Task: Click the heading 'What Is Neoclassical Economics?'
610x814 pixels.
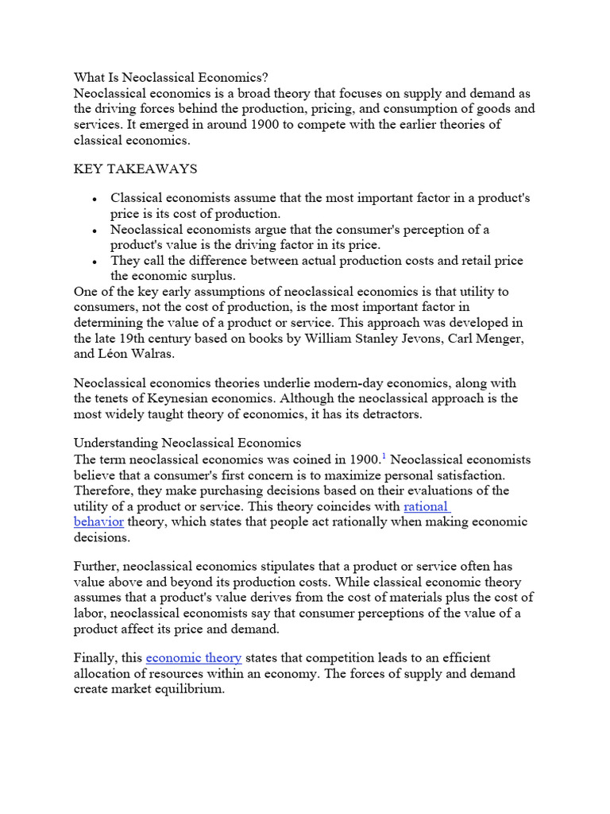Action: [172, 77]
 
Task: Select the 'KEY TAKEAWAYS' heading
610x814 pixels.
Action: [136, 169]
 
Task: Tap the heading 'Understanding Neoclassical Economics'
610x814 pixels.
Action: [187, 442]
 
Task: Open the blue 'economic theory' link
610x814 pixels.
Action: [194, 657]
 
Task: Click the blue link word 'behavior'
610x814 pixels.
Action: [98, 521]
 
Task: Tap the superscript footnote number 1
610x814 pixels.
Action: [384, 455]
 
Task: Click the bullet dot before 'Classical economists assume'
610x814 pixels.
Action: [95, 200]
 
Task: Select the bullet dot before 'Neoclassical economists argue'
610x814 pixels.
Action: [95, 231]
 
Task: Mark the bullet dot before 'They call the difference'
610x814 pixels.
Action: [95, 262]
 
